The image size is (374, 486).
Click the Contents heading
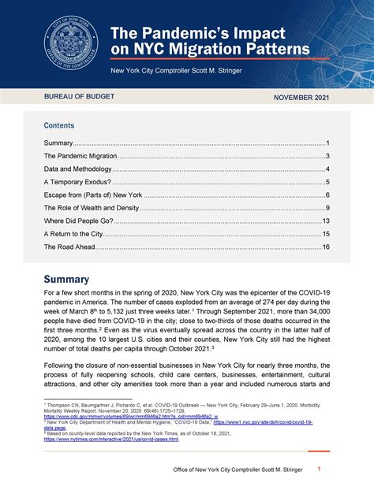click(x=59, y=125)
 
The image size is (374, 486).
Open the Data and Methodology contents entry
click(x=78, y=169)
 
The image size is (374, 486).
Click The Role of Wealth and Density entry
click(x=92, y=208)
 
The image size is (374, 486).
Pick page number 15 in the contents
click(x=325, y=234)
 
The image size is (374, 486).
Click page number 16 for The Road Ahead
click(x=325, y=247)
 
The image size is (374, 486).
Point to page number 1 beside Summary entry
click(x=327, y=143)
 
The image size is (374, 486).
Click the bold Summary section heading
click(x=66, y=279)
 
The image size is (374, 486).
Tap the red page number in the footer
click(x=319, y=469)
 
